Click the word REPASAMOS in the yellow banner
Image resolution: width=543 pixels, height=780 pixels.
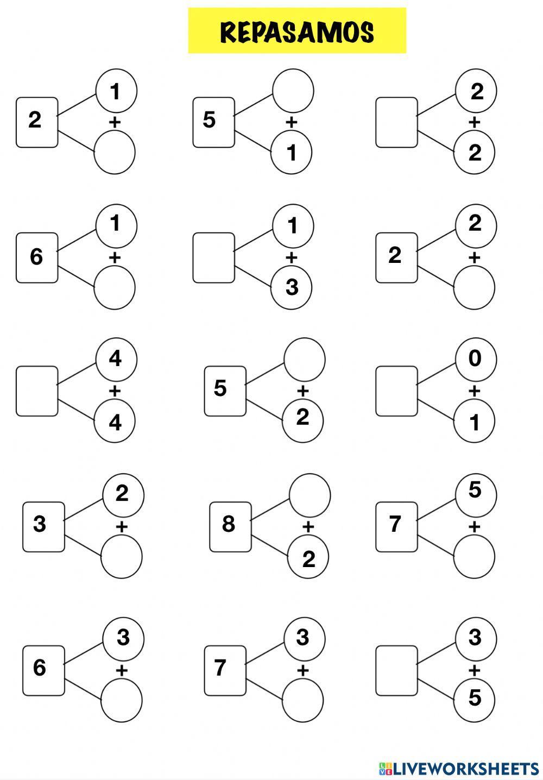pyautogui.click(x=297, y=32)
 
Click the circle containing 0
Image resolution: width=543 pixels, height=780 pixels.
pyautogui.click(x=475, y=359)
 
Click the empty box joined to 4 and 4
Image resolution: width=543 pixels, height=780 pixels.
pyautogui.click(x=37, y=391)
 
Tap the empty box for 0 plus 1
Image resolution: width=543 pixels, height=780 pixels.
pyautogui.click(x=397, y=391)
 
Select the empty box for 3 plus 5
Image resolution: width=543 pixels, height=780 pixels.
pyautogui.click(x=397, y=670)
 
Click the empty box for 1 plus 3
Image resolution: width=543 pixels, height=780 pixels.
pyautogui.click(x=214, y=258)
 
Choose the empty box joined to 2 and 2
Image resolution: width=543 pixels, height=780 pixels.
pyautogui.click(x=397, y=122)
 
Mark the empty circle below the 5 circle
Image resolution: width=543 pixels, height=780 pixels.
pyautogui.click(x=474, y=557)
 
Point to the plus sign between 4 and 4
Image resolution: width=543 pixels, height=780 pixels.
pyautogui.click(x=115, y=391)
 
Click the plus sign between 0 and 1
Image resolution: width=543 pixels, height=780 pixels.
pyautogui.click(x=475, y=391)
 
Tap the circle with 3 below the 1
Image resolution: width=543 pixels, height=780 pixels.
pyautogui.click(x=292, y=287)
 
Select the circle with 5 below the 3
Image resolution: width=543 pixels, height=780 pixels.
pyautogui.click(x=475, y=698)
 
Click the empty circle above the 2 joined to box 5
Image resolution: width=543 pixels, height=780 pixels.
pyautogui.click(x=304, y=359)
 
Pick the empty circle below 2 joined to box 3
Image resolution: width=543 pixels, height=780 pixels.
pyautogui.click(x=122, y=557)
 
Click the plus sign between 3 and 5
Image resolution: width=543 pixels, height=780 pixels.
pyautogui.click(x=475, y=670)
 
